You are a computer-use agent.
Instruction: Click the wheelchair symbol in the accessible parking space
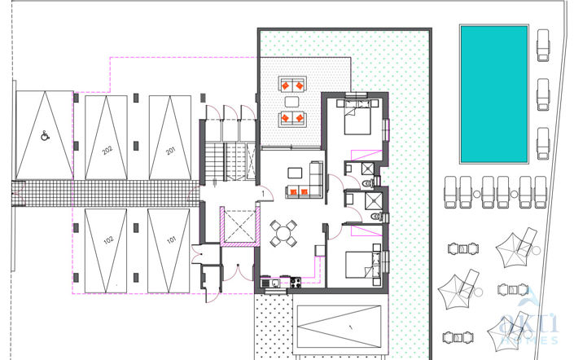[44, 136]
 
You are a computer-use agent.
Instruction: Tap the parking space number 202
[107, 150]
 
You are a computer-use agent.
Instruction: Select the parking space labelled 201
[170, 151]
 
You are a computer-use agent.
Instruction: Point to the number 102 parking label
[107, 240]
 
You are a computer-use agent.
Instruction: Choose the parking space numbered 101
[171, 240]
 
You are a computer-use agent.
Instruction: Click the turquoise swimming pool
[494, 93]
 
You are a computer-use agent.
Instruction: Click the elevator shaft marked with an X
[239, 224]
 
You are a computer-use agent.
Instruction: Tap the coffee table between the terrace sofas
[291, 101]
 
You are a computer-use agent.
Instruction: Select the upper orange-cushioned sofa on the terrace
[291, 84]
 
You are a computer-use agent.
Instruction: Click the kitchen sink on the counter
[274, 283]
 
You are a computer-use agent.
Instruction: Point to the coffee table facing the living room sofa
[293, 173]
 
